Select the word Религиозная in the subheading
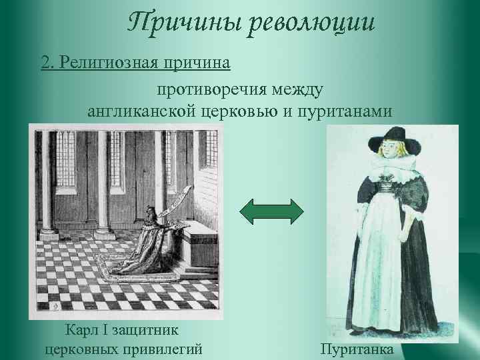pyautogui.click(x=111, y=63)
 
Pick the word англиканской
pyautogui.click(x=141, y=111)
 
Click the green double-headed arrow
pyautogui.click(x=271, y=211)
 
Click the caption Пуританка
pyautogui.click(x=357, y=349)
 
